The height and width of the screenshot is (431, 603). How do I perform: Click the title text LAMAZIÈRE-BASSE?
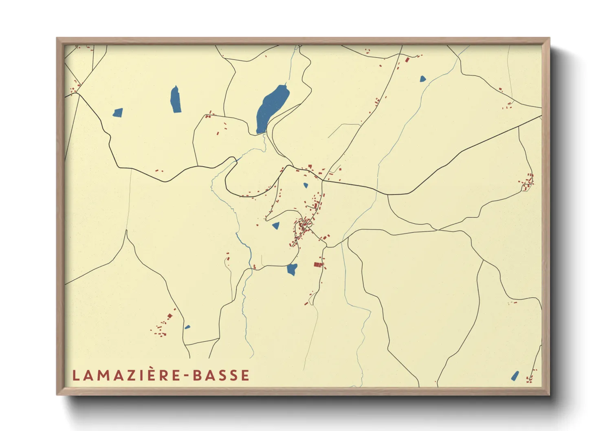pos(161,376)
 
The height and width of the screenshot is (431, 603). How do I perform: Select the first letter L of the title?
pos(75,376)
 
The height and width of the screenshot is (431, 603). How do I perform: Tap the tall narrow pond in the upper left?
pos(176,99)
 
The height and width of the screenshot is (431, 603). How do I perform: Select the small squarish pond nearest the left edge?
pos(118,112)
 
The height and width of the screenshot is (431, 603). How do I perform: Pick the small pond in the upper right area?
pos(423,79)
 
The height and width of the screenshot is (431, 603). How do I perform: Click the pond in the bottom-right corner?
pos(515,376)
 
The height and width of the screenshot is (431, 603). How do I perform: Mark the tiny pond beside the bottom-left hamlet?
pos(187,327)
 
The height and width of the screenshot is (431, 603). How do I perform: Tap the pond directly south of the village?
pos(292,269)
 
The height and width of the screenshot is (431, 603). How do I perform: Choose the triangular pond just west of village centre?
pos(276,225)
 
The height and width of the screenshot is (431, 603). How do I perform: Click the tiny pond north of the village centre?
pos(306,185)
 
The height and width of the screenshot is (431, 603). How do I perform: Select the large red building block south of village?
pos(318,265)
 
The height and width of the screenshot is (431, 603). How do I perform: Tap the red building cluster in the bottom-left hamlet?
pos(163,326)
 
